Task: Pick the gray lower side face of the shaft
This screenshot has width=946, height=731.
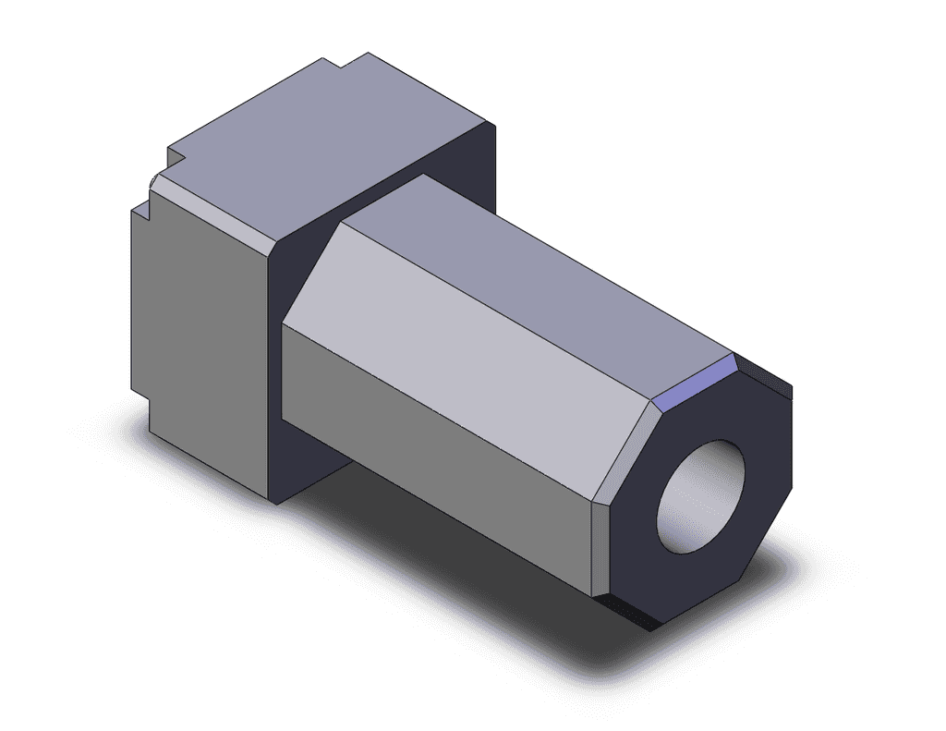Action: coord(434,453)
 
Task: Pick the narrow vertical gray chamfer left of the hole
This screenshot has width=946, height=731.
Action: coord(600,545)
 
